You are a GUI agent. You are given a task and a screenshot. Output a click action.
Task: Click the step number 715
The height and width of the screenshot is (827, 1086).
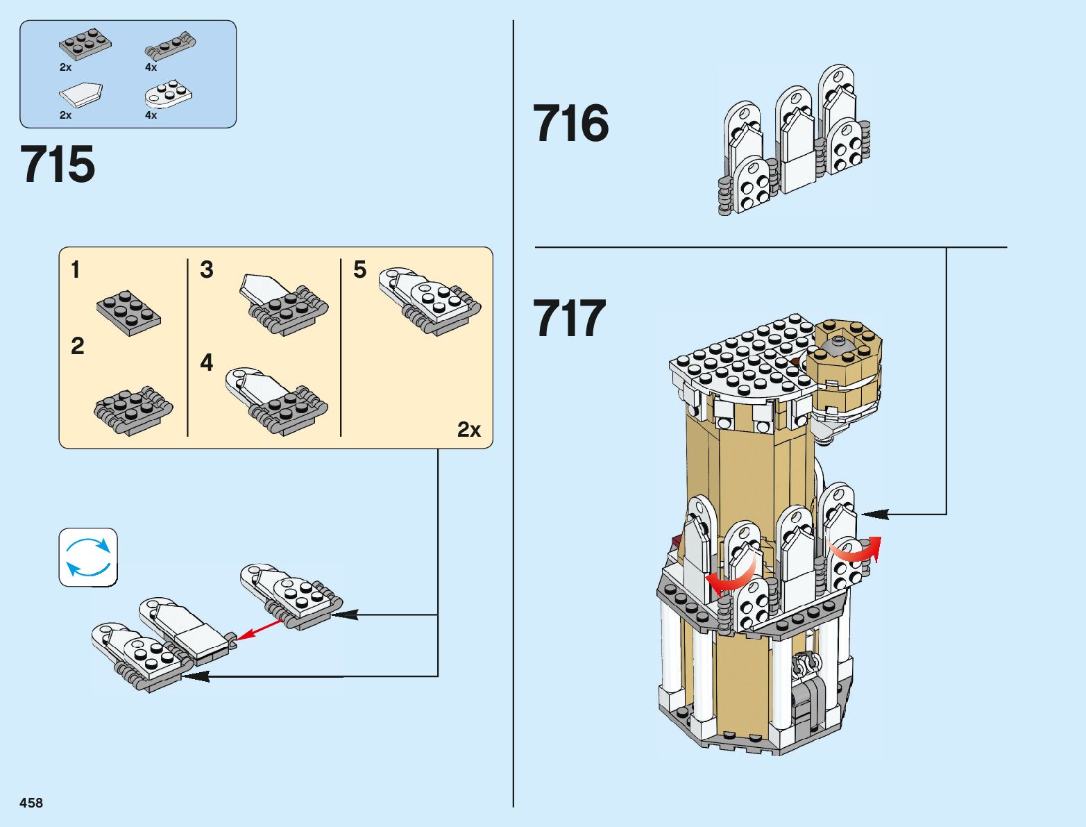click(x=58, y=165)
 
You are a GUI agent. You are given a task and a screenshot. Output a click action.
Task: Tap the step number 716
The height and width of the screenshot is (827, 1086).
click(x=570, y=124)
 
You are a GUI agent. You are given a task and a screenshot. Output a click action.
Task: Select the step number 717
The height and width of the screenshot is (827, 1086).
click(x=569, y=319)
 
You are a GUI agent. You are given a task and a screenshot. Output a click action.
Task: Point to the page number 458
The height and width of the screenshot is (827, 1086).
click(x=31, y=803)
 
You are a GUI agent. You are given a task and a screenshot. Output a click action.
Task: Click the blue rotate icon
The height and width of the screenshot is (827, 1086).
click(x=88, y=557)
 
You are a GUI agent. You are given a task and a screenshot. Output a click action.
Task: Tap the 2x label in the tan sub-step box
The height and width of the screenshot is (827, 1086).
click(x=468, y=430)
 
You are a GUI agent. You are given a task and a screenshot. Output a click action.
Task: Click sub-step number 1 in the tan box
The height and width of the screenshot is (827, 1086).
click(x=76, y=269)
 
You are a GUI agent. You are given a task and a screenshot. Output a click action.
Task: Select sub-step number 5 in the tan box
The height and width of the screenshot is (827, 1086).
click(x=359, y=269)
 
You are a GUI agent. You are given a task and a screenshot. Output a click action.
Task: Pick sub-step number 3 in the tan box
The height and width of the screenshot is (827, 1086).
click(x=206, y=269)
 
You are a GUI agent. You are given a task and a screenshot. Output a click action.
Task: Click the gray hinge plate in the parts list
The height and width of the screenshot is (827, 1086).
click(x=169, y=45)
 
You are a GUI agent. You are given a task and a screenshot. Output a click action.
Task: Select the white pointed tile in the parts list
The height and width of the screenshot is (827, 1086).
click(x=81, y=94)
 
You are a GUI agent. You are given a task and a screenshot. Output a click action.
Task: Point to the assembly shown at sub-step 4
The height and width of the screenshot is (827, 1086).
click(x=276, y=399)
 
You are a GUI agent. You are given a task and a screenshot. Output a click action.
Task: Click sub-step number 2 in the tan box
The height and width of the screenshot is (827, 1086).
click(x=77, y=346)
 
